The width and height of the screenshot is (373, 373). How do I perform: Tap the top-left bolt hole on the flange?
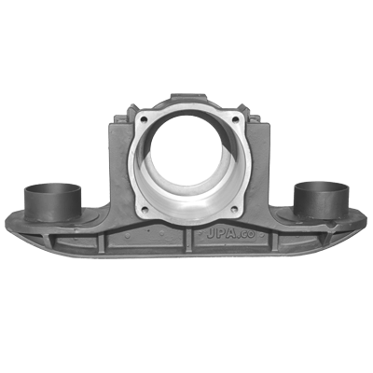(x=144, y=119)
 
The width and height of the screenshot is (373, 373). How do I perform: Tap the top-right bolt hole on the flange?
(x=235, y=119)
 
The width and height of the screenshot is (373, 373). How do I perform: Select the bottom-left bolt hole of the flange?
(x=144, y=209)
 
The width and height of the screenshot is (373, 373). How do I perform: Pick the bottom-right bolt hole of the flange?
(x=235, y=209)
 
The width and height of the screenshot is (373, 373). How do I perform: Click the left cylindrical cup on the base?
(x=53, y=202)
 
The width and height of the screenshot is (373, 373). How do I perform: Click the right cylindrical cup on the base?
(x=322, y=200)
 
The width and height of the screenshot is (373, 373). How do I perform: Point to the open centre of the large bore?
(x=186, y=155)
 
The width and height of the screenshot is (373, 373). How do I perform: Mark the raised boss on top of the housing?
(x=188, y=97)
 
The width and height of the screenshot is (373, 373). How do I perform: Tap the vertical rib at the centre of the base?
(x=188, y=240)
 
